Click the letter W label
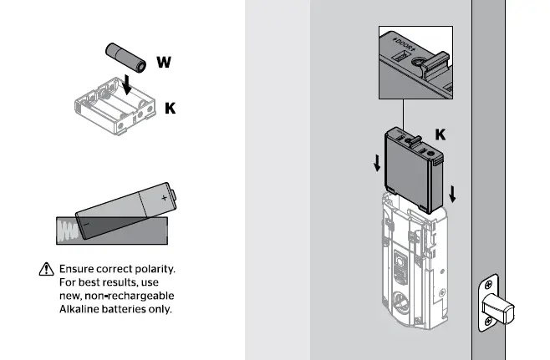(x=164, y=63)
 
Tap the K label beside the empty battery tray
(x=170, y=109)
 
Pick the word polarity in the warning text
(x=157, y=270)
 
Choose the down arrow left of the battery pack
(x=376, y=162)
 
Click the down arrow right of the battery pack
(x=452, y=193)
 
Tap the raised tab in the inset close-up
(x=434, y=63)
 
